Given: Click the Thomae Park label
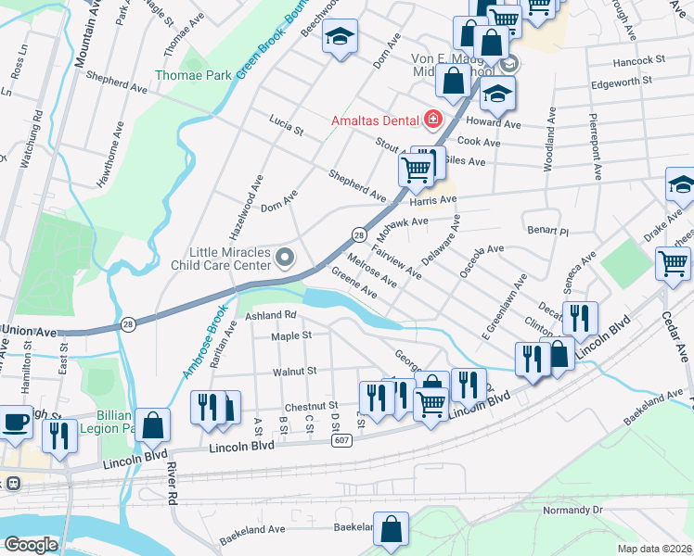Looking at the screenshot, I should (192, 75).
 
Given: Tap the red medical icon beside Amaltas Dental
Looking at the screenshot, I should (431, 120).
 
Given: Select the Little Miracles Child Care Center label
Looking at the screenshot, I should (220, 259).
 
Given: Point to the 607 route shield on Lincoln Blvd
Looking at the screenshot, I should (341, 441).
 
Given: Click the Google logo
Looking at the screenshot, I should (32, 545).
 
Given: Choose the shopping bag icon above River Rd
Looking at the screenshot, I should (154, 425).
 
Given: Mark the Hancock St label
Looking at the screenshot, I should (640, 59).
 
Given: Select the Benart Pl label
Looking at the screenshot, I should (546, 228).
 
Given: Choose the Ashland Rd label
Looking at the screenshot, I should (270, 316).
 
